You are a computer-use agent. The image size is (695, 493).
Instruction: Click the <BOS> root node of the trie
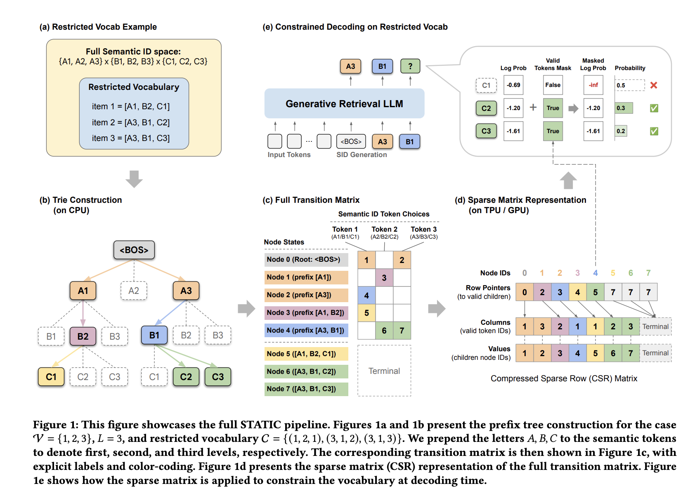click(x=134, y=250)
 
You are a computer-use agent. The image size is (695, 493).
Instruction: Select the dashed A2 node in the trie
click(x=134, y=291)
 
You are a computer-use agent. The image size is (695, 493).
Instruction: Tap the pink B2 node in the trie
click(x=83, y=336)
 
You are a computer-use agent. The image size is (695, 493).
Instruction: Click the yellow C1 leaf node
click(x=51, y=376)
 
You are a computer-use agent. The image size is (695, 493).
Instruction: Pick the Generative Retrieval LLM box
click(x=344, y=103)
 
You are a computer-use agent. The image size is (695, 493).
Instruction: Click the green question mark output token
click(x=410, y=66)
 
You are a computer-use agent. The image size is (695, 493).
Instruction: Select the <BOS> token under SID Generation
click(x=351, y=141)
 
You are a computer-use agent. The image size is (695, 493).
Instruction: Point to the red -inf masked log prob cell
click(x=593, y=85)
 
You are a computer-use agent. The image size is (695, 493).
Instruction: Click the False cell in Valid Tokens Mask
click(x=553, y=85)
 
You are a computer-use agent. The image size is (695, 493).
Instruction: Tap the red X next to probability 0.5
click(x=654, y=85)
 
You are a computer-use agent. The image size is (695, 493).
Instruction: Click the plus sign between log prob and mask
click(x=533, y=107)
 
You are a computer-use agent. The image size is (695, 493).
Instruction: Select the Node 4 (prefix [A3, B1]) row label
click(x=306, y=330)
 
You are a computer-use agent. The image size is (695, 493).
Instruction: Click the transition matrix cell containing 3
click(x=384, y=277)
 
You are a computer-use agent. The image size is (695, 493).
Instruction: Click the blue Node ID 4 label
click(x=595, y=273)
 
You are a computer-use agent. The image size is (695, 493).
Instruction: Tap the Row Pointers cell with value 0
click(x=525, y=292)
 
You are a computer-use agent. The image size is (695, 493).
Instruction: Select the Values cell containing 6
click(x=613, y=353)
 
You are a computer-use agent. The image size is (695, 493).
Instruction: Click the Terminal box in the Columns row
click(x=655, y=326)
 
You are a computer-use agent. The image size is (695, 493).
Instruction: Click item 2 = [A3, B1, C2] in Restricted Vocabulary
click(x=130, y=122)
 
